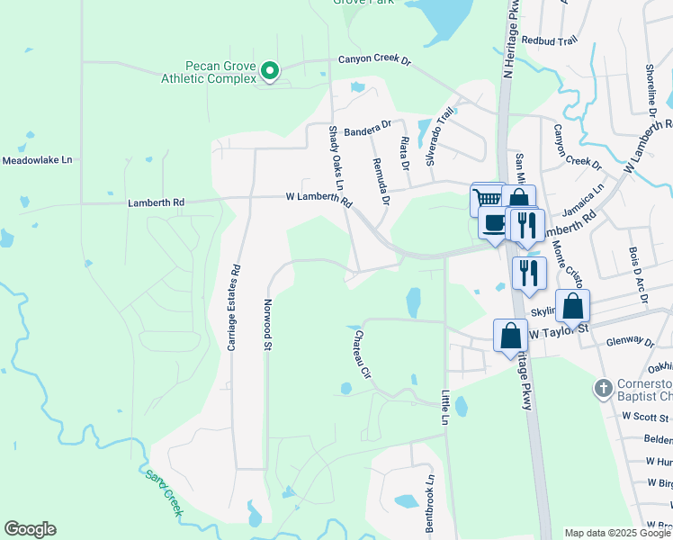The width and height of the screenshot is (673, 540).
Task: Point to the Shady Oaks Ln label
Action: pos(339,167)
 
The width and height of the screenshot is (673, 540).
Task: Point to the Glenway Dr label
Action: pos(630,342)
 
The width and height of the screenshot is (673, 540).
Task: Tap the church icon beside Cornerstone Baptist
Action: pos(603,388)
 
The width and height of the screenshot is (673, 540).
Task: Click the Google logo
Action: pos(30,529)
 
